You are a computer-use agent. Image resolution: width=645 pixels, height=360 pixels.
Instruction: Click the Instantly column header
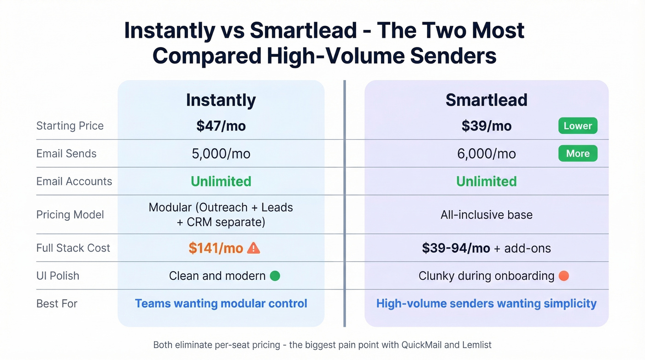pos(221,100)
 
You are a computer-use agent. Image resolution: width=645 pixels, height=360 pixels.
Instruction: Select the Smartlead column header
pos(486,100)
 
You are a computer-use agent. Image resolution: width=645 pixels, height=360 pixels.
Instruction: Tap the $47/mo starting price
pos(221,126)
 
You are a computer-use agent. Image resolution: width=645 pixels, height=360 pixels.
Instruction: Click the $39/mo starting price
pos(487,126)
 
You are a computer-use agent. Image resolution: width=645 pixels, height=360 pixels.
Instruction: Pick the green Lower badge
pos(578,126)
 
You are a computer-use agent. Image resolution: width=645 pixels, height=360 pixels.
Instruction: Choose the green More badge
pos(578,153)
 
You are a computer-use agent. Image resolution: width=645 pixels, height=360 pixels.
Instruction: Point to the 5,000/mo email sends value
pos(221,153)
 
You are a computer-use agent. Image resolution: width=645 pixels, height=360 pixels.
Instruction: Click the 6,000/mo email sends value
pos(487,153)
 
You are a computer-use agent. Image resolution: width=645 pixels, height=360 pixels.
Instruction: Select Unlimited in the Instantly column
pos(221,181)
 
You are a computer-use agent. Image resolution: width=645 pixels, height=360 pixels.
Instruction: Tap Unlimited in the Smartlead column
pos(487,181)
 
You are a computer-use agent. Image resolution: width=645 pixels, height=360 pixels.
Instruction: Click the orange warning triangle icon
pos(253,248)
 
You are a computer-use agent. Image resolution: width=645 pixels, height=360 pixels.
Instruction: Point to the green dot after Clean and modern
pos(275,276)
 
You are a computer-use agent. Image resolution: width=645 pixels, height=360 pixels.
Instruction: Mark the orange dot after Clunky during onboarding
pos(563,276)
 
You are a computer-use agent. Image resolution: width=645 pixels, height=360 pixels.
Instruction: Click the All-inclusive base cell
pos(487,214)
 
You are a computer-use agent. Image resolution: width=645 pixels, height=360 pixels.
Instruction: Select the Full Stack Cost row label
pos(73,248)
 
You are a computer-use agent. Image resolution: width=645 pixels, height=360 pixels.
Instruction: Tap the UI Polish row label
pos(58,276)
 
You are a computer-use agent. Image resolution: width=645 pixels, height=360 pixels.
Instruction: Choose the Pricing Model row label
pos(70,214)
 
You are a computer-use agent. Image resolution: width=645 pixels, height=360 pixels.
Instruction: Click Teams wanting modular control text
pos(221,303)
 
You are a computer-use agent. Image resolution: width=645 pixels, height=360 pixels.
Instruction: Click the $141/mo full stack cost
pos(216,248)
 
